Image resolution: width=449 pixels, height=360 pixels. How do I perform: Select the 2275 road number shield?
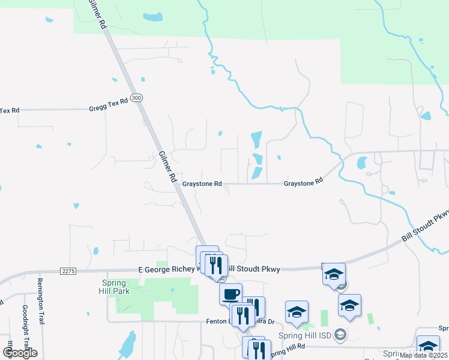click(68, 271)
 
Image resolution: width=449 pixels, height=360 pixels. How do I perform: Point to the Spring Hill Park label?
click(113, 287)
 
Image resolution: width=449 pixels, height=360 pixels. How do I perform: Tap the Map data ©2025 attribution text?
click(424, 355)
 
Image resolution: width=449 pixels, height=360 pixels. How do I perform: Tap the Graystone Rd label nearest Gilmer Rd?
click(202, 184)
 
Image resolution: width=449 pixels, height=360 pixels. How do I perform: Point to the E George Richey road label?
click(167, 270)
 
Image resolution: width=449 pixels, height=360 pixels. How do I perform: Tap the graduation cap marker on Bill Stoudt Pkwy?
click(334, 275)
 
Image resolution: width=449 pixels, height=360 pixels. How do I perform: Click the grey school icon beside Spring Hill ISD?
click(340, 334)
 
